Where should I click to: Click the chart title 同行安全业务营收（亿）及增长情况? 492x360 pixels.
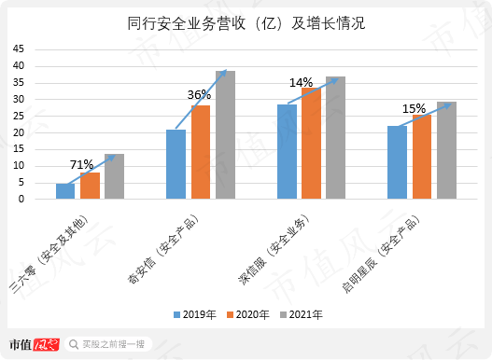(x=246, y=21)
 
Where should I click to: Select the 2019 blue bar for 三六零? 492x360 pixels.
(x=65, y=191)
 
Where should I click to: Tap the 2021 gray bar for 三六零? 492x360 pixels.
(x=114, y=176)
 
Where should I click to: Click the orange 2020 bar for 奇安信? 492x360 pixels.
(x=201, y=152)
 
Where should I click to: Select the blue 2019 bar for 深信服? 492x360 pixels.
(x=287, y=152)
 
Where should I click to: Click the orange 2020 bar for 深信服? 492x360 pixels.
(x=311, y=144)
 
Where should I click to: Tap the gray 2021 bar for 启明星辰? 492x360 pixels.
(x=446, y=150)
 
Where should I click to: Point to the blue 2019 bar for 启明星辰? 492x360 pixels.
(x=397, y=162)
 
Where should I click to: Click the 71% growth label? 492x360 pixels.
(x=80, y=164)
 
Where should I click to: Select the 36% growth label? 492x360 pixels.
(x=199, y=94)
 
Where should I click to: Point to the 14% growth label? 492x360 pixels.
(x=301, y=82)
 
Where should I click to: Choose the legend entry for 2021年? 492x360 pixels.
(x=302, y=315)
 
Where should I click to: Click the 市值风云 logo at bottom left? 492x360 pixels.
(x=34, y=343)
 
